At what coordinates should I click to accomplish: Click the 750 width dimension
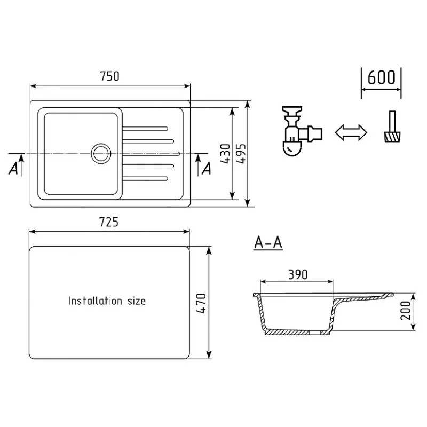(x=110, y=76)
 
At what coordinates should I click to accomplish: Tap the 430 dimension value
(x=225, y=154)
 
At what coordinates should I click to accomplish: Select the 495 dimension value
(x=241, y=154)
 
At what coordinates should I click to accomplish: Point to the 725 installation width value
(x=109, y=222)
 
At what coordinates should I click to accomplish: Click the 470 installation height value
(x=202, y=303)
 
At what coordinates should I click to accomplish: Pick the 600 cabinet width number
(x=381, y=77)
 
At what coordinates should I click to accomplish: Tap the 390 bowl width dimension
(x=298, y=274)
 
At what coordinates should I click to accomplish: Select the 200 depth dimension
(x=406, y=311)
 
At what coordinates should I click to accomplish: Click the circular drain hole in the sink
(x=101, y=153)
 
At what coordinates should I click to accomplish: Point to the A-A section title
(x=268, y=242)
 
